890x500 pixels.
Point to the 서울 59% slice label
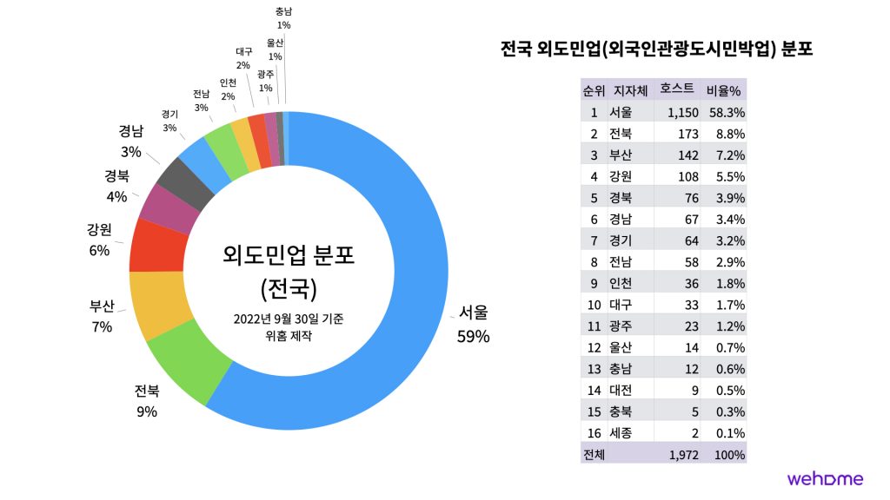pos(473,324)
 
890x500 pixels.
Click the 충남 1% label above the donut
pos(283,18)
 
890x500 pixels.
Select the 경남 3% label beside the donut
pos(131,141)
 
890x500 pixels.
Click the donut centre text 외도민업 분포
pos(289,255)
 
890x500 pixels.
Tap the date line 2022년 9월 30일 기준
pos(289,319)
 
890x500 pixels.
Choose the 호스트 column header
pos(677,89)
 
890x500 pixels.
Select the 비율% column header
pos(723,89)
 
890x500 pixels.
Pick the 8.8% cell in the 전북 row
pos(728,134)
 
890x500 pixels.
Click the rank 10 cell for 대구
pos(593,305)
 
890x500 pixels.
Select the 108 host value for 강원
pos(687,176)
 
